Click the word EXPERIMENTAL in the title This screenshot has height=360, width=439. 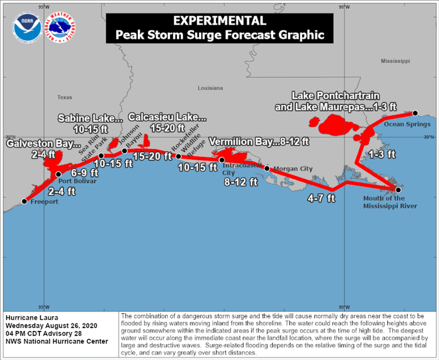(x=219, y=21)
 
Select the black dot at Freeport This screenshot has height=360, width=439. (x=25, y=201)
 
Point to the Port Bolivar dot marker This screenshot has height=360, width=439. (x=58, y=174)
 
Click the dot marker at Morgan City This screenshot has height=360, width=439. (x=267, y=169)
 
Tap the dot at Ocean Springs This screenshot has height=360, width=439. (x=415, y=113)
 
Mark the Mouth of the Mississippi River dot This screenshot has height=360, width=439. (x=398, y=189)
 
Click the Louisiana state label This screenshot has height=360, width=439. (x=210, y=88)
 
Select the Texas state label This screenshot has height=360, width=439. (x=65, y=97)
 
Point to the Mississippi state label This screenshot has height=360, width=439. (x=396, y=60)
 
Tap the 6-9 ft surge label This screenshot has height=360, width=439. (x=82, y=172)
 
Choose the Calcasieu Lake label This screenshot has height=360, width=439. (x=168, y=117)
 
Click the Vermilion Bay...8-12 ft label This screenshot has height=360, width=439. (x=259, y=142)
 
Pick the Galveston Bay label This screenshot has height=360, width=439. (x=43, y=144)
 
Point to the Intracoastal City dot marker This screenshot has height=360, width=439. (x=221, y=160)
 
